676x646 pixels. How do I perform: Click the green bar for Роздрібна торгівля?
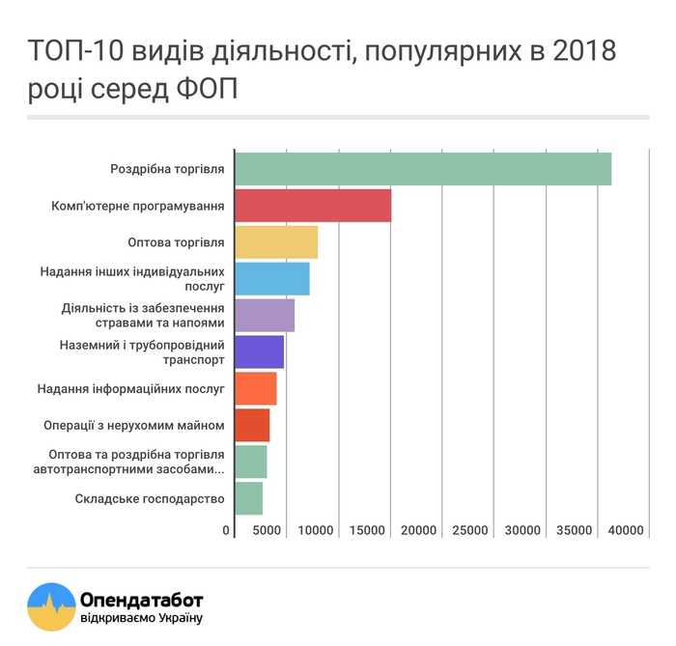pos(423,169)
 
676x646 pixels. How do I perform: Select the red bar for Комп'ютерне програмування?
pos(313,206)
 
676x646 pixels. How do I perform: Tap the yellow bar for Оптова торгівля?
pos(276,242)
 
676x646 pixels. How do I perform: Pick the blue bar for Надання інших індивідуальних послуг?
pos(272,279)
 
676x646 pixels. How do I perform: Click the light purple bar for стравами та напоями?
pos(265,316)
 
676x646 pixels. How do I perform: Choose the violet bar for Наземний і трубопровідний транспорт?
pos(260,352)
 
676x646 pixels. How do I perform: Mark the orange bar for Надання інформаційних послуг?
pos(256,388)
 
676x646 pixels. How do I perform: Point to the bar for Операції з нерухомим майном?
pos(252,425)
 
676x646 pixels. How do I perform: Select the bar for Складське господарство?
pos(249,498)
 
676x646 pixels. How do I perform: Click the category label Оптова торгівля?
pos(176,242)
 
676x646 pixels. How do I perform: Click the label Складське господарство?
pos(150,498)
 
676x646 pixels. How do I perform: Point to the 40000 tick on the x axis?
pos(626,530)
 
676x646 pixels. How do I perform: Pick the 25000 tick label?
pos(471,530)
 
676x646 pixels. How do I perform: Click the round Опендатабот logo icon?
pos(49,605)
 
